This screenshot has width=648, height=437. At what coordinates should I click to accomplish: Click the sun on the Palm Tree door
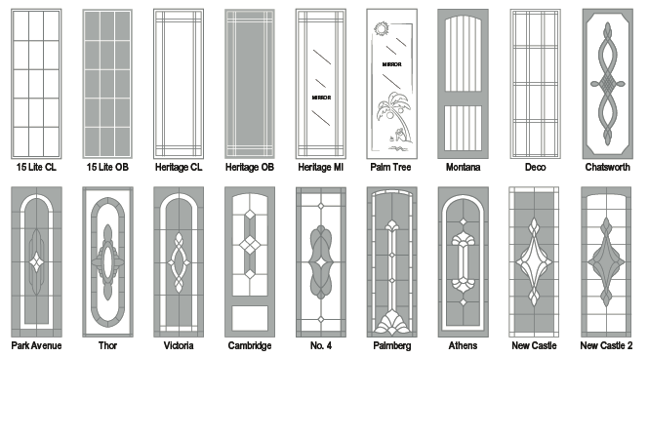point(382,29)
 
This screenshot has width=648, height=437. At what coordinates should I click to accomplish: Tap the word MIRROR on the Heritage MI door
point(321,98)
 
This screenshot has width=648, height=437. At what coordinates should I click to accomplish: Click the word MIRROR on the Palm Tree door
point(391,64)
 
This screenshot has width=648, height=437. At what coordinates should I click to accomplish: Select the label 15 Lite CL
point(36,167)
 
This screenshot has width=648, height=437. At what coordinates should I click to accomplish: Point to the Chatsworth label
point(607,167)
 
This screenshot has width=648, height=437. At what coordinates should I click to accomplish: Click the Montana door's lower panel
point(463,128)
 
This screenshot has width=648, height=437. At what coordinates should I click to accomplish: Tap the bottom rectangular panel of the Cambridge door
point(250,318)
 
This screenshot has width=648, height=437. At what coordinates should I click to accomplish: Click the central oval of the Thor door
point(107,261)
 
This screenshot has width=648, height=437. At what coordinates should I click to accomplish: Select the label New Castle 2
point(606,345)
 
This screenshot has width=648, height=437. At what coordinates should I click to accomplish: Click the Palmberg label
point(391,345)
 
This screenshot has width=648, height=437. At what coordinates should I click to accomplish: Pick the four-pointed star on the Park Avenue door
point(36,261)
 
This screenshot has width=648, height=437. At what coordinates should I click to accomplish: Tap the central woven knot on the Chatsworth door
point(607,83)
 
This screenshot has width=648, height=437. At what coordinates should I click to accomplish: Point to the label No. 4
point(321,345)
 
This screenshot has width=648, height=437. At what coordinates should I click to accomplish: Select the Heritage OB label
point(250,167)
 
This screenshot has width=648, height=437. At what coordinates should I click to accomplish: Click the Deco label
point(535,167)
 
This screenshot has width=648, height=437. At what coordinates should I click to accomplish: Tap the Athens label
point(463,345)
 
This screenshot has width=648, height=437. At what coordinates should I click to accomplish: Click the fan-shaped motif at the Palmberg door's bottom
point(391,323)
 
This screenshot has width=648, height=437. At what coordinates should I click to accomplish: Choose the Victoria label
point(179,345)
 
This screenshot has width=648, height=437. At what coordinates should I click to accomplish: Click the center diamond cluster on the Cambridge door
point(250,245)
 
